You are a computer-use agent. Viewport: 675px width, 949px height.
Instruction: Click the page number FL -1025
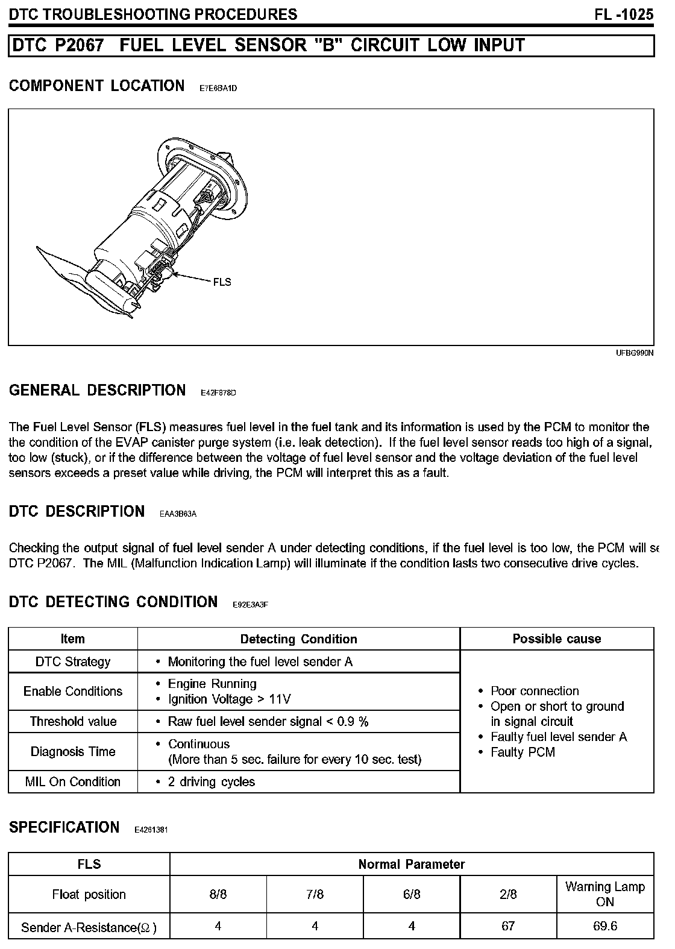pyautogui.click(x=624, y=14)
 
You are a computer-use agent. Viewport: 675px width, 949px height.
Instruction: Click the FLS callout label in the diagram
pyautogui.click(x=222, y=282)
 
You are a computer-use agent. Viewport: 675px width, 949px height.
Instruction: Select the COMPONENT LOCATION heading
pyautogui.click(x=96, y=86)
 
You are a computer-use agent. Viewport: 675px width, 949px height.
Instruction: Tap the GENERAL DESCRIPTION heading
pyautogui.click(x=97, y=390)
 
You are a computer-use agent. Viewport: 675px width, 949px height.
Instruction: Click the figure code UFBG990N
pyautogui.click(x=635, y=353)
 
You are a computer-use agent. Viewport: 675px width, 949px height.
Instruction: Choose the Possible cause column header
pyautogui.click(x=556, y=638)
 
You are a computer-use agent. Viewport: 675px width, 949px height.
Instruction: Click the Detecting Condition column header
pyautogui.click(x=298, y=638)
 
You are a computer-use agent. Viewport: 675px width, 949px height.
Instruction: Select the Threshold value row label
pyautogui.click(x=73, y=721)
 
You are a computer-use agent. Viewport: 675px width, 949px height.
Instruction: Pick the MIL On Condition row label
pyautogui.click(x=73, y=781)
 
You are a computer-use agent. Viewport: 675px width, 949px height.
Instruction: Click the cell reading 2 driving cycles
pyautogui.click(x=212, y=781)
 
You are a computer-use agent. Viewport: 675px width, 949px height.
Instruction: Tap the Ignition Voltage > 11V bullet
pyautogui.click(x=229, y=699)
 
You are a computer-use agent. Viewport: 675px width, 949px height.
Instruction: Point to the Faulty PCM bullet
pyautogui.click(x=522, y=752)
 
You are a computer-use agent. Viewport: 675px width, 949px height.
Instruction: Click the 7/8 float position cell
pyautogui.click(x=315, y=894)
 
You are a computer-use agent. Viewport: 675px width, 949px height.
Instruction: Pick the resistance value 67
pyautogui.click(x=508, y=926)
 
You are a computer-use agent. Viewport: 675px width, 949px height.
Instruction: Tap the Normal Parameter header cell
pyautogui.click(x=411, y=864)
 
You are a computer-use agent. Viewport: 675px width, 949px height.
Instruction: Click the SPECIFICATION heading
pyautogui.click(x=64, y=827)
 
